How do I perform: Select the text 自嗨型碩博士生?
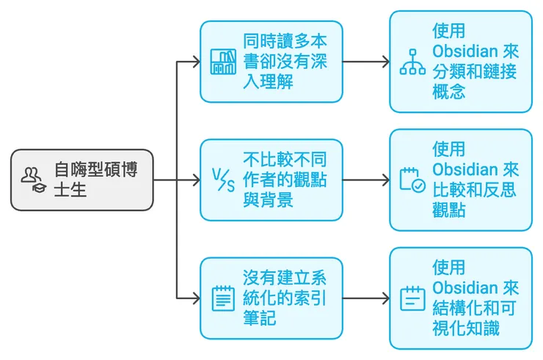pyautogui.click(x=95, y=180)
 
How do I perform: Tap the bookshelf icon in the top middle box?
pyautogui.click(x=223, y=62)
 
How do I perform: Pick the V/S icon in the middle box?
pyautogui.click(x=223, y=180)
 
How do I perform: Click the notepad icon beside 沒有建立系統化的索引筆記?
pyautogui.click(x=223, y=298)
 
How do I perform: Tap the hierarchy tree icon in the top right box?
pyautogui.click(x=412, y=62)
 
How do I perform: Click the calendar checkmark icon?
pyautogui.click(x=412, y=180)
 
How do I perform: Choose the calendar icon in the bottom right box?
pyautogui.click(x=412, y=298)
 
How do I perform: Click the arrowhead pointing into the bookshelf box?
pyautogui.click(x=195, y=62)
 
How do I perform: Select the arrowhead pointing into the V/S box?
pyautogui.click(x=195, y=180)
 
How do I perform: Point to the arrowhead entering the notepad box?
pyautogui.click(x=195, y=298)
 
